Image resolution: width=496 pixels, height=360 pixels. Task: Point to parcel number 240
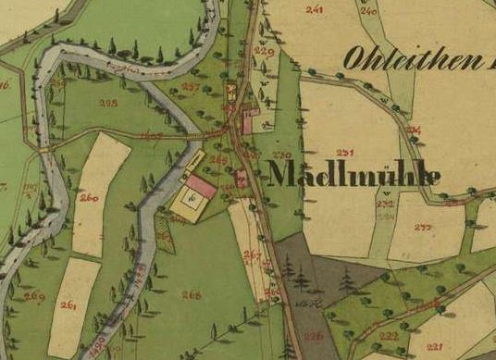[x=368, y=12]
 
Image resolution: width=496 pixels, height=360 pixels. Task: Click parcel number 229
[x=265, y=52]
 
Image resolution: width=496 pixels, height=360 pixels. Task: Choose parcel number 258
[x=107, y=104]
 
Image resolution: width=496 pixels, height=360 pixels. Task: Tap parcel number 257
[x=192, y=86]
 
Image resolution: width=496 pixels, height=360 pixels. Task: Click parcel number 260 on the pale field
[x=89, y=197]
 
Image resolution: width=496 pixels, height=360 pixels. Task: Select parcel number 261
[x=68, y=304]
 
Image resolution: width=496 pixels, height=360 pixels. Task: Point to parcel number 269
[x=34, y=296]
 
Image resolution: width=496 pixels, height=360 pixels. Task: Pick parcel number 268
[x=192, y=294]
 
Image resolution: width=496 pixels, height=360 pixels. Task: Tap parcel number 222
[x=389, y=335]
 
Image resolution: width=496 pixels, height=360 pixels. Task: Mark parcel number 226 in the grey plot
[x=315, y=335]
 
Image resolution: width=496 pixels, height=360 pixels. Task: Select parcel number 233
[x=425, y=226]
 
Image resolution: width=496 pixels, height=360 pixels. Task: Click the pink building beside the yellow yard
[x=204, y=188]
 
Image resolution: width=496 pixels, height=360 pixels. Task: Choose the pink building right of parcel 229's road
[x=248, y=121]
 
